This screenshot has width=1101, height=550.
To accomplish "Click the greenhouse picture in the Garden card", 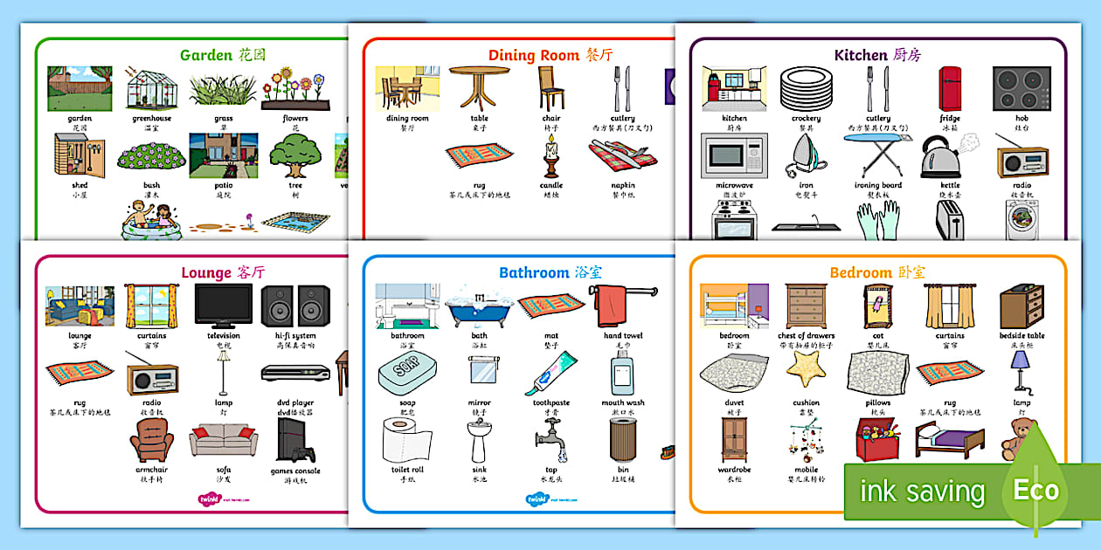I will tap(152, 88).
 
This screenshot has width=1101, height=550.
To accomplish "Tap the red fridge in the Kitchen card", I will tap(950, 88).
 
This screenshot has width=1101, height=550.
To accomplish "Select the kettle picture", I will tap(945, 157).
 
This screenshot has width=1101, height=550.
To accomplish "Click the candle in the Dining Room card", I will tap(551, 158).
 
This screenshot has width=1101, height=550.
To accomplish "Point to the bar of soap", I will tap(407, 374).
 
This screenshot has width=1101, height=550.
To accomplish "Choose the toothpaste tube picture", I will tap(551, 374).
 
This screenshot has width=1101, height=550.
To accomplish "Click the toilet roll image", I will tap(406, 440).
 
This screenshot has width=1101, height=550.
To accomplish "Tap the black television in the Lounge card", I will tap(224, 306).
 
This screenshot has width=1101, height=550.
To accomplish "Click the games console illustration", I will tap(294, 441).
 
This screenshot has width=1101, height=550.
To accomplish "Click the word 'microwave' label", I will tap(734, 185).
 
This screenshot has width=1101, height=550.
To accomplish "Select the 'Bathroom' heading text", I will tap(534, 272).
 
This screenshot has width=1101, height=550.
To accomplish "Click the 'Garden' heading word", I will tap(206, 55).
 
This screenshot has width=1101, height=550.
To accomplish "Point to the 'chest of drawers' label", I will tap(806, 335).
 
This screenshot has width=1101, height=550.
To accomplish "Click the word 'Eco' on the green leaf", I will tap(1035, 491).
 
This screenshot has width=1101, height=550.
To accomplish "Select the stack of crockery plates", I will tap(806, 88).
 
